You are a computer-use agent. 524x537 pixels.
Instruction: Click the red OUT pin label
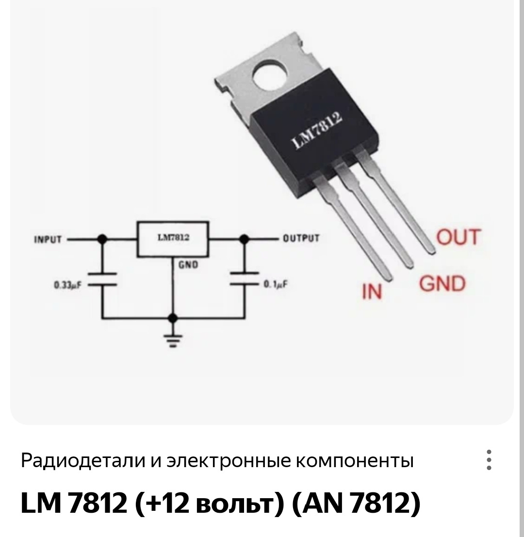point(458,237)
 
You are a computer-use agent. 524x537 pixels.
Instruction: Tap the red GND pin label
point(442,284)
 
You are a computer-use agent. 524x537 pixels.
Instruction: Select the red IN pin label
point(372,292)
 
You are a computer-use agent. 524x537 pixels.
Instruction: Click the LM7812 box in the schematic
point(173,239)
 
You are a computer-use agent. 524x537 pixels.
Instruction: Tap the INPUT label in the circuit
point(48,239)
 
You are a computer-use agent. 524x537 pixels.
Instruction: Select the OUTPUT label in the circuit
point(301,238)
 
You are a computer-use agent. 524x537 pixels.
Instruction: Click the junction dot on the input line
point(102,239)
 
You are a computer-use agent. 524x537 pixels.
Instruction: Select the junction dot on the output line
point(245,239)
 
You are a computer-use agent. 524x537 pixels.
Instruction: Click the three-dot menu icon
point(489,460)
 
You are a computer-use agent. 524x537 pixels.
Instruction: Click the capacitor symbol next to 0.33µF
point(102,279)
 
